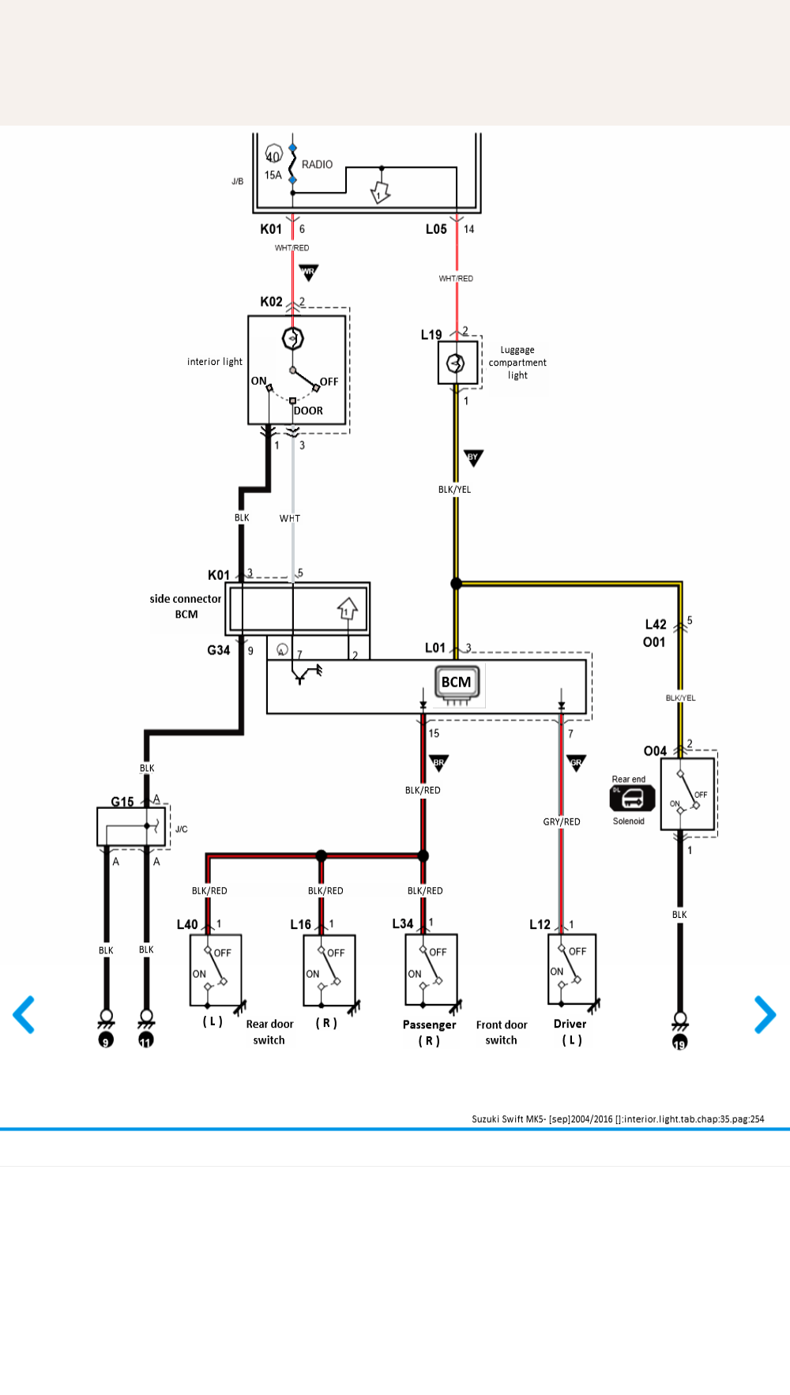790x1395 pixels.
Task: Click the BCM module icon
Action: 457,683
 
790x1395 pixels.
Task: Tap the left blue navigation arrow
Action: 24,1015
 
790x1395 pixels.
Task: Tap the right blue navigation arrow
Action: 765,1015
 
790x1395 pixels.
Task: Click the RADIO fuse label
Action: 317,164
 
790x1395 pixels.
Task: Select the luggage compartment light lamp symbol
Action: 456,363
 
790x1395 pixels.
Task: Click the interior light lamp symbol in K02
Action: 293,339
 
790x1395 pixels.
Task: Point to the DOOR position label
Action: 308,411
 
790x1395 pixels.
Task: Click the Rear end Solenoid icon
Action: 632,799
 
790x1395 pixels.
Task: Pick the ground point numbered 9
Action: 106,1040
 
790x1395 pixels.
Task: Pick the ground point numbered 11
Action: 146,1040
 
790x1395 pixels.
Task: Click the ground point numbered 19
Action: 679,1043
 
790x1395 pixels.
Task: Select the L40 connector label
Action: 187,924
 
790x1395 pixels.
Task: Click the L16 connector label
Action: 300,924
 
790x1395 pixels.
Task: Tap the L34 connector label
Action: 403,923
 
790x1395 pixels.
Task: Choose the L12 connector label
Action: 540,924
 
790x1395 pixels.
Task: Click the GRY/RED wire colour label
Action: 562,822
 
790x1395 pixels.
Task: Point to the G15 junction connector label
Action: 122,802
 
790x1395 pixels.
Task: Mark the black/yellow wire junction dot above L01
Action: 456,584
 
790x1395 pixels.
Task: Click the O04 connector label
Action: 655,750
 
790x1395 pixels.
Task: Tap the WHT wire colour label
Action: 290,518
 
